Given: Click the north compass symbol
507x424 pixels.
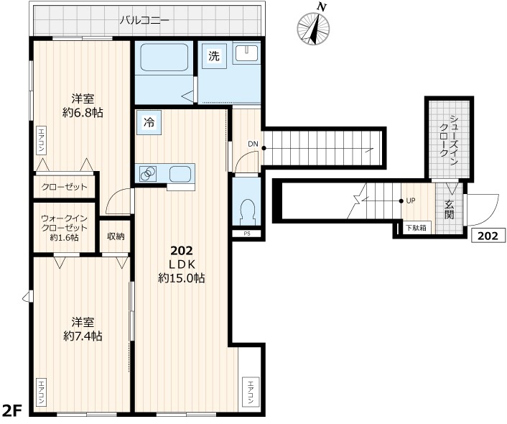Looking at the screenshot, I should [x=314, y=27].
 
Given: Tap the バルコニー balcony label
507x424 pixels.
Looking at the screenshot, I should [x=144, y=20].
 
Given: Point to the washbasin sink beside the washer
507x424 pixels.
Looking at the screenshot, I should [x=246, y=55].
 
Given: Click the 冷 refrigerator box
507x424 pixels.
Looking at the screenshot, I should [x=149, y=122].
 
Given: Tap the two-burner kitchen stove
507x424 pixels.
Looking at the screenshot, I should [x=149, y=174].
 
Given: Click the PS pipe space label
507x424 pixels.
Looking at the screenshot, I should [x=247, y=233].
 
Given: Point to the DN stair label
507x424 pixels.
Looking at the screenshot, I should [x=253, y=144].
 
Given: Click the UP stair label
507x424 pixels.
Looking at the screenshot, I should [x=411, y=201].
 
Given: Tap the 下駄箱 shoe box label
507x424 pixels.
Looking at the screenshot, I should [x=415, y=228].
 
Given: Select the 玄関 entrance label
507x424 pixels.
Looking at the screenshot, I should [x=450, y=209].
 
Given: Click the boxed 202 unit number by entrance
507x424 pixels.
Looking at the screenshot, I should [x=488, y=235].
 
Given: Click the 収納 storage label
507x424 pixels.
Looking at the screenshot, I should [x=116, y=236].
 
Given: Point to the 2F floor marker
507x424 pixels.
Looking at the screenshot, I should [x=13, y=411].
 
